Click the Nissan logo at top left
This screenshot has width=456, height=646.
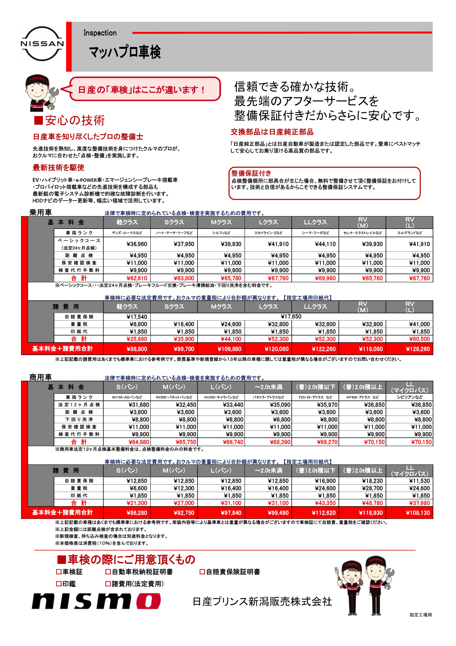(x=42, y=44)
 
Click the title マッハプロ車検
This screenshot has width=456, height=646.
(x=125, y=52)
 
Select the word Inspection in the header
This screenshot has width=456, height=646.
(x=100, y=33)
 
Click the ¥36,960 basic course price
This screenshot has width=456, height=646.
(x=137, y=244)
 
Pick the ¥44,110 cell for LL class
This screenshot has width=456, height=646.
(x=325, y=244)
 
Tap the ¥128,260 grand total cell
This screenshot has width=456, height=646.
(x=418, y=349)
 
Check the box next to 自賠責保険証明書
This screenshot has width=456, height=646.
(x=202, y=572)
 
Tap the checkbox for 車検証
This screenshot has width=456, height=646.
(x=59, y=572)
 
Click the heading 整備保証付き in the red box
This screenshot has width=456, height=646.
(x=251, y=173)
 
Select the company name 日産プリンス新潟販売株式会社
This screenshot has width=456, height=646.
(x=262, y=602)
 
